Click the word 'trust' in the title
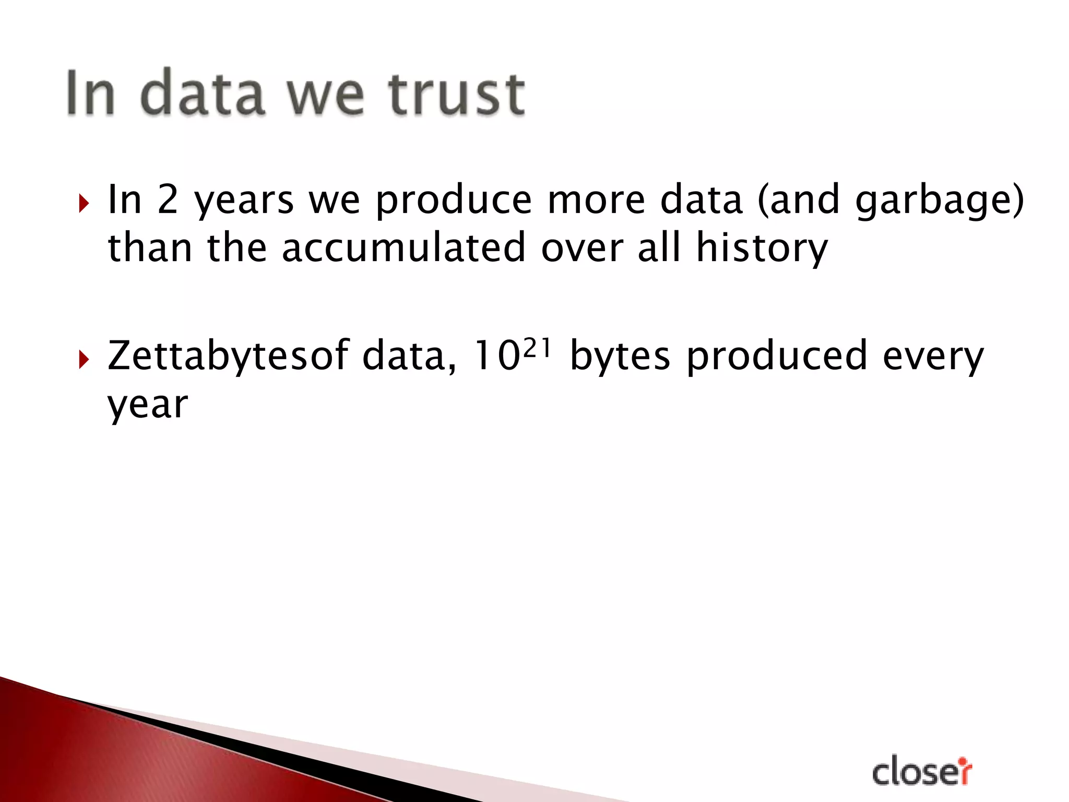(x=456, y=93)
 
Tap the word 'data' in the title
(x=202, y=93)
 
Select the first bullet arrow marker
(x=84, y=203)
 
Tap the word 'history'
(x=762, y=249)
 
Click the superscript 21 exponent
(x=537, y=348)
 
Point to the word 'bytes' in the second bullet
(x=620, y=357)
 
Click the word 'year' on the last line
(x=147, y=405)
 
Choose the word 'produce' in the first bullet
(x=453, y=202)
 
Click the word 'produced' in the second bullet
(x=777, y=357)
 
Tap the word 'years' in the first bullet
(x=244, y=202)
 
